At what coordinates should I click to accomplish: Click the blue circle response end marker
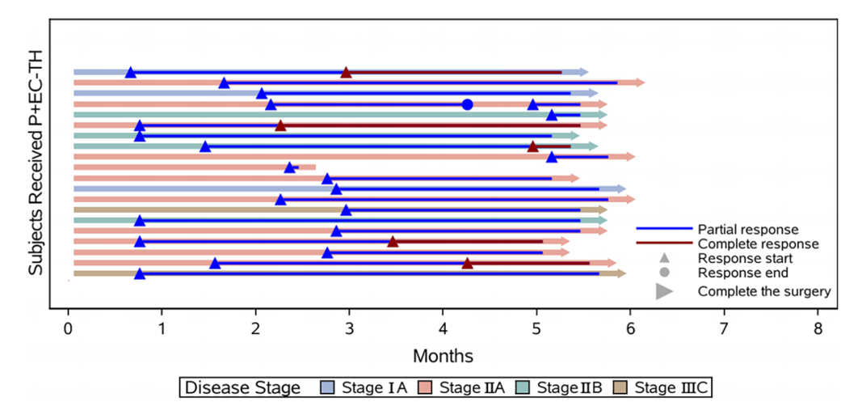pos(467,104)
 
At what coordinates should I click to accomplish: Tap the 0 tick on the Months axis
pos(68,329)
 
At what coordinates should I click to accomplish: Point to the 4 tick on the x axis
pos(443,329)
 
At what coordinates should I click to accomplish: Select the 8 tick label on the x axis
pos(818,329)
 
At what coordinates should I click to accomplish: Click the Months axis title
pos(443,355)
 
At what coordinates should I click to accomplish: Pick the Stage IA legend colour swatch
pos(329,387)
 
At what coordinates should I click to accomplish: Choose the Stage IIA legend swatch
pos(426,387)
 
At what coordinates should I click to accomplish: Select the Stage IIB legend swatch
pos(523,387)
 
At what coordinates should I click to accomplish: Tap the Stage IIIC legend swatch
pos(621,387)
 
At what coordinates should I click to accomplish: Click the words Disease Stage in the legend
pos(242,387)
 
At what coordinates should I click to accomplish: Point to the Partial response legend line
pos(664,229)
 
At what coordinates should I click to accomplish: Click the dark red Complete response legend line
pos(664,243)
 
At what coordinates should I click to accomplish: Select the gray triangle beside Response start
pos(664,258)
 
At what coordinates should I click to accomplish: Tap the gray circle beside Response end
pos(664,273)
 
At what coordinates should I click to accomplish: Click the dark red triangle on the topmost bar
pos(346,73)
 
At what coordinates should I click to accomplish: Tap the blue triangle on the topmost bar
pos(130,73)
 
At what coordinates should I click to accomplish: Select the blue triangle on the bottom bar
pos(140,273)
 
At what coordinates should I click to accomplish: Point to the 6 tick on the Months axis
pos(630,329)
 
